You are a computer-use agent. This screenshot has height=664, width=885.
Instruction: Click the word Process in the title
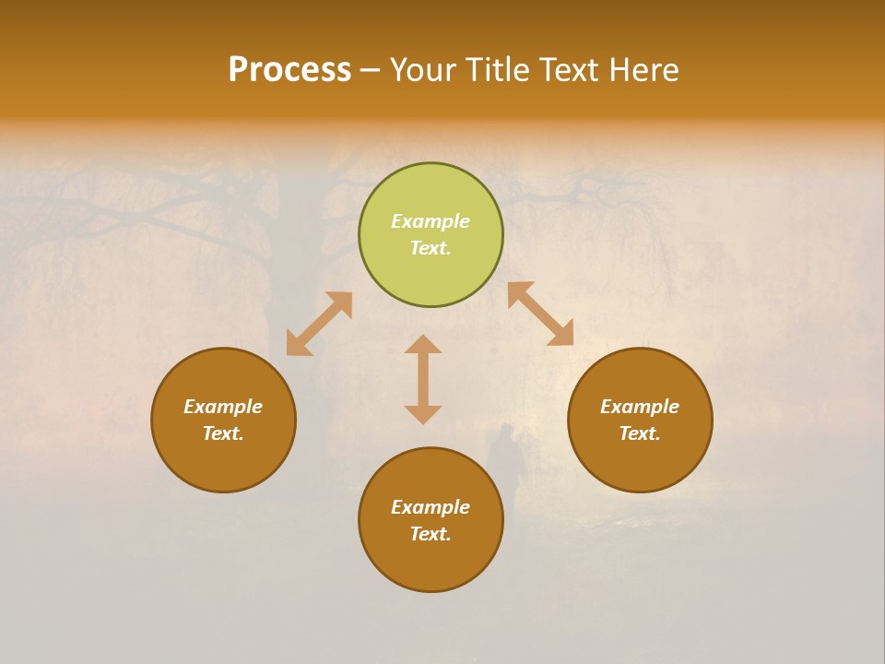coord(289,70)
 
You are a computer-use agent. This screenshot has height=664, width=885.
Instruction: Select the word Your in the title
coord(423,70)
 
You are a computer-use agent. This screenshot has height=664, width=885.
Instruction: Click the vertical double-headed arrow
coord(423,379)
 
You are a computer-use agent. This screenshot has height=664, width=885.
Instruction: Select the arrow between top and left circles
coord(319,324)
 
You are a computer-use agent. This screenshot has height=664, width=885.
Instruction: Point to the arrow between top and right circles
coord(540,314)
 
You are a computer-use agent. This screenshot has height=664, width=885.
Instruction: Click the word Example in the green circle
coord(431,221)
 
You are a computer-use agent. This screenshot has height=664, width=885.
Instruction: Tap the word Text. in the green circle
coord(431,248)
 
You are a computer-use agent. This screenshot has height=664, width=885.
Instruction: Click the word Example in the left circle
coord(223,407)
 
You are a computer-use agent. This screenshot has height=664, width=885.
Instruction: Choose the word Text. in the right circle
coord(640,433)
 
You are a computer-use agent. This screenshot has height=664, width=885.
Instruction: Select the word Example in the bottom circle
coord(431,507)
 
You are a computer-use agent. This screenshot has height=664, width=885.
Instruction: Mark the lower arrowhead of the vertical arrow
coord(423,414)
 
